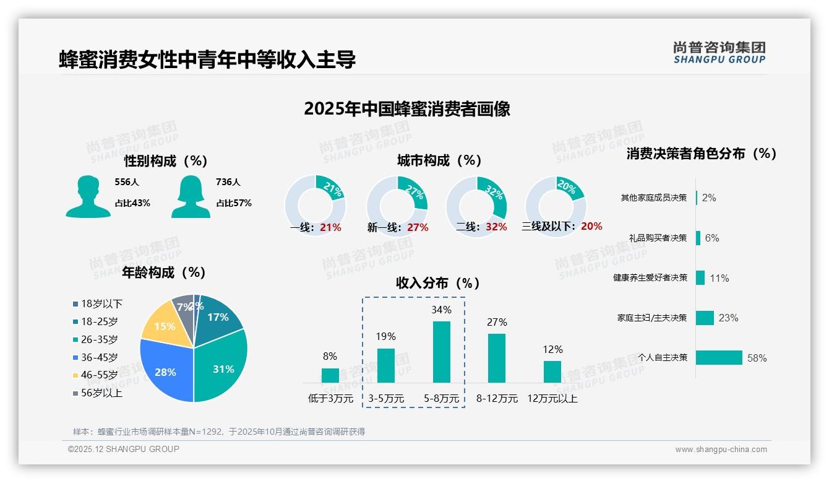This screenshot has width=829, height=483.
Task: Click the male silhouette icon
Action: (88, 196)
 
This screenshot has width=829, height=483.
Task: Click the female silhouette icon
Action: (191, 196)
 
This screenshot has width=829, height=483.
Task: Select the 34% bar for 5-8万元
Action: (442, 352)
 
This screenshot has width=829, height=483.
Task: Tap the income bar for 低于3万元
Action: (330, 375)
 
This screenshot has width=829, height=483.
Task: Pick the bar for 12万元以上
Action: (552, 372)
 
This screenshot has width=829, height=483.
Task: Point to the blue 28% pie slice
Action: (164, 372)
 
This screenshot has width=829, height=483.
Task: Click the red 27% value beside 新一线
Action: (418, 227)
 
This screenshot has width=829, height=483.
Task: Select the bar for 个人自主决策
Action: (719, 357)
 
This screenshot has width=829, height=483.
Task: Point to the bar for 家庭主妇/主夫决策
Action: (705, 318)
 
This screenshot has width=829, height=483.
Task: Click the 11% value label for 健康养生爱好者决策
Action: (719, 278)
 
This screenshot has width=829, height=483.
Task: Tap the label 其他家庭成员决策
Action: (654, 198)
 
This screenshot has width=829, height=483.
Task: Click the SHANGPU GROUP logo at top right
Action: (719, 53)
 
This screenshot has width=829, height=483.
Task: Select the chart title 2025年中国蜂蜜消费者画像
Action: (407, 109)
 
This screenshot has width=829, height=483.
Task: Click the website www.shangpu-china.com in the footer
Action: (721, 450)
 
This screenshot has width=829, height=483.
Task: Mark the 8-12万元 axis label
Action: (497, 398)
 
